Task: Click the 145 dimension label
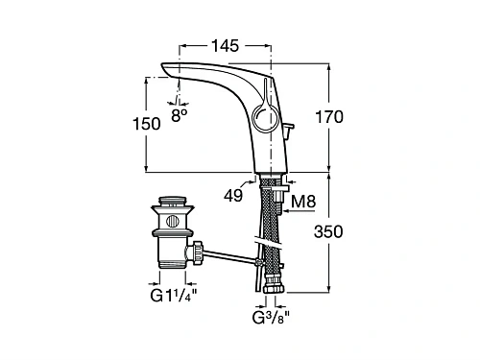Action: (x=225, y=46)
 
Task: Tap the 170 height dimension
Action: (x=329, y=117)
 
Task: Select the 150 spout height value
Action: (x=147, y=124)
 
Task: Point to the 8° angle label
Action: (x=180, y=115)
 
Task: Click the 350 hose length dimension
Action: (x=328, y=231)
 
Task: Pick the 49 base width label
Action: (x=233, y=195)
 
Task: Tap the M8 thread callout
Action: (x=303, y=202)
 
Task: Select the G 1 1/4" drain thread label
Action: (x=173, y=296)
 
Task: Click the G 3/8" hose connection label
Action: (x=271, y=318)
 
